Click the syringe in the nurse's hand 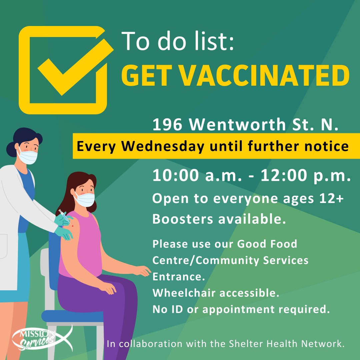click(64, 215)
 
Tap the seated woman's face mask click(84, 199)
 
